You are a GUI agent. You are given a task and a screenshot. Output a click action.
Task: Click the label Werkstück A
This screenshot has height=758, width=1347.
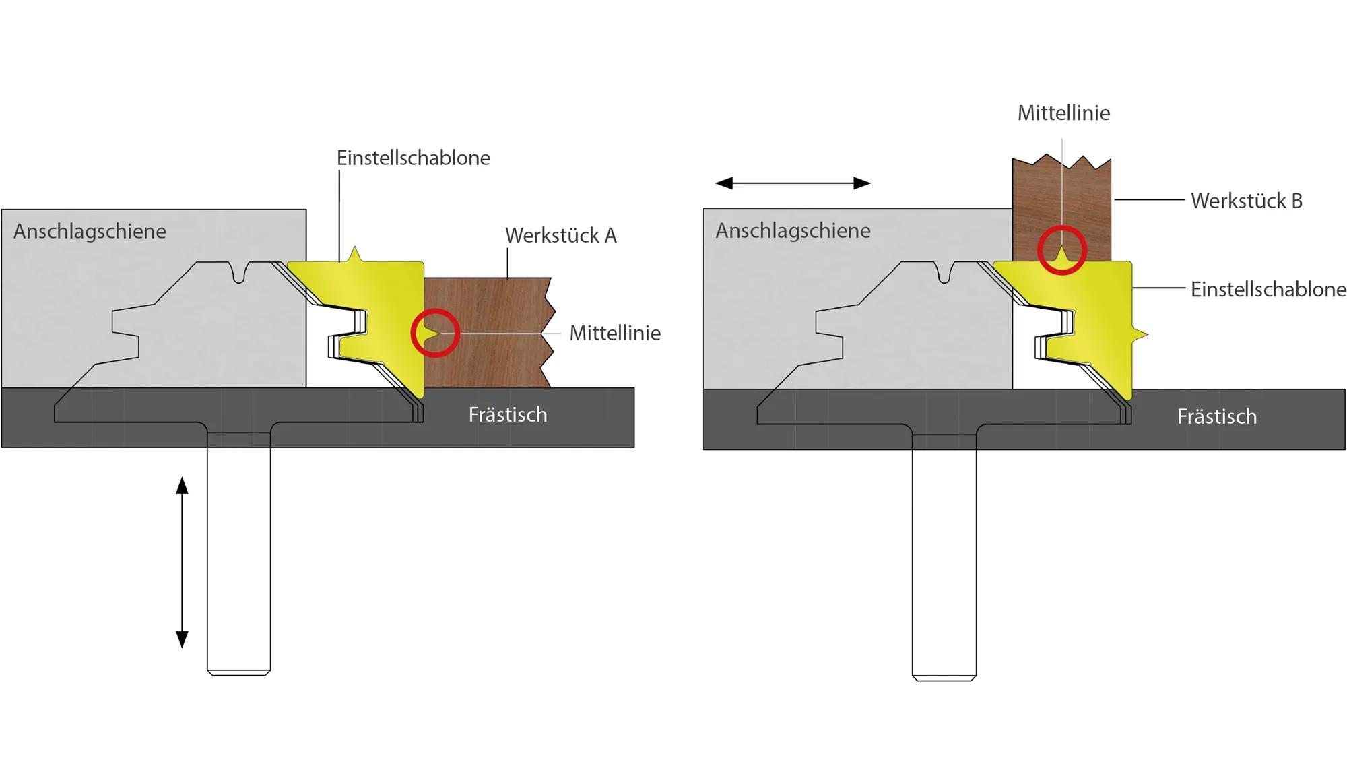click(560, 235)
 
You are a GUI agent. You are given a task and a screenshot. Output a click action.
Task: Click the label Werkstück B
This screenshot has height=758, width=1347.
click(1246, 201)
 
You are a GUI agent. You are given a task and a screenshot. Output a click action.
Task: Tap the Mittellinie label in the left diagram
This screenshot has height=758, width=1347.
click(614, 333)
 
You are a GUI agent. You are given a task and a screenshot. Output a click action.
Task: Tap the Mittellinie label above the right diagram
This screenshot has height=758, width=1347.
click(1063, 113)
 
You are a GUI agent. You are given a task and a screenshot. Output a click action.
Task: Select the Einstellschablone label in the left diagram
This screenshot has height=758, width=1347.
click(413, 158)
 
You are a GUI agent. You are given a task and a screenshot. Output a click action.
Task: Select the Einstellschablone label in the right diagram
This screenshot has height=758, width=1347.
click(1268, 289)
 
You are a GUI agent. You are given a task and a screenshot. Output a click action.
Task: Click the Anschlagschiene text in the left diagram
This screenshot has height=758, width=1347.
click(90, 231)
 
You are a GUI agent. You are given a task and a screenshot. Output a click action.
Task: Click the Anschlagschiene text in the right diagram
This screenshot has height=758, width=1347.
click(793, 230)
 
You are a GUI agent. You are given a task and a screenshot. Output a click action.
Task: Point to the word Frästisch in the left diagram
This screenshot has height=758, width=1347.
click(507, 414)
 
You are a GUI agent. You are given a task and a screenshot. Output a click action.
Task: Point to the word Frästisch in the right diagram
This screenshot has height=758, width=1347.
click(1216, 416)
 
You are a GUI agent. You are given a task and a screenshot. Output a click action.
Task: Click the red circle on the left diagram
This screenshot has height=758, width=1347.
click(435, 333)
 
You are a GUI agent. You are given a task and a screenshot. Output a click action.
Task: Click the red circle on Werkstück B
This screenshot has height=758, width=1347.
click(1061, 250)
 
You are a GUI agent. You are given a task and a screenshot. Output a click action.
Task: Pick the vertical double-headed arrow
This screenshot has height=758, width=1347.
click(182, 562)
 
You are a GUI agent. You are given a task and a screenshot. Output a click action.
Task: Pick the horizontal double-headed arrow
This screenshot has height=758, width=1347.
click(793, 183)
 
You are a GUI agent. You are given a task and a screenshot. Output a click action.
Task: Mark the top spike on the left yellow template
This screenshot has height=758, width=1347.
click(354, 254)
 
